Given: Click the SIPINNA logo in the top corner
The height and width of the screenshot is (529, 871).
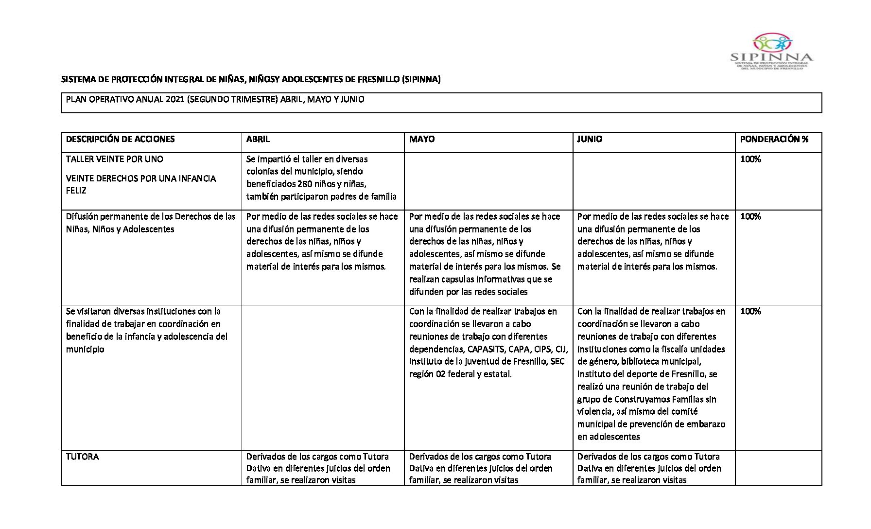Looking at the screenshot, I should pyautogui.click(x=771, y=51).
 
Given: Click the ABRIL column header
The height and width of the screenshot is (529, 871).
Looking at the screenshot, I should pyautogui.click(x=258, y=139).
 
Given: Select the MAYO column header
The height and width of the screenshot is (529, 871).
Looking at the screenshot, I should pyautogui.click(x=422, y=139).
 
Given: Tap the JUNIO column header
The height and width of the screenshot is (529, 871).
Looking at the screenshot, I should pyautogui.click(x=589, y=139).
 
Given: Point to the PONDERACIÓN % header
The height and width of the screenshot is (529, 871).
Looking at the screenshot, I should pyautogui.click(x=774, y=139).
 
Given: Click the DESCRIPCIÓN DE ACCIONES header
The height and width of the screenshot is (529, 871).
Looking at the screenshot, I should pyautogui.click(x=120, y=139).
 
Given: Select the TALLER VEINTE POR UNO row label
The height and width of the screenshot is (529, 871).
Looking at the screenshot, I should pyautogui.click(x=115, y=159).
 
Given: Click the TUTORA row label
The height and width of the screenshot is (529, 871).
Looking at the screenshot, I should pyautogui.click(x=82, y=457).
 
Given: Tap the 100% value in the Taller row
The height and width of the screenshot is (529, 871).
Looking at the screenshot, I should pyautogui.click(x=750, y=159).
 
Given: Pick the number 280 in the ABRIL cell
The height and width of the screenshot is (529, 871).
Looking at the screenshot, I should pyautogui.click(x=305, y=184).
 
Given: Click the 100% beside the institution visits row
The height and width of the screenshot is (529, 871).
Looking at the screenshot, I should pyautogui.click(x=750, y=311).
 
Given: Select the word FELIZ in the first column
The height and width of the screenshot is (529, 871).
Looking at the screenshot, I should pyautogui.click(x=76, y=191).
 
